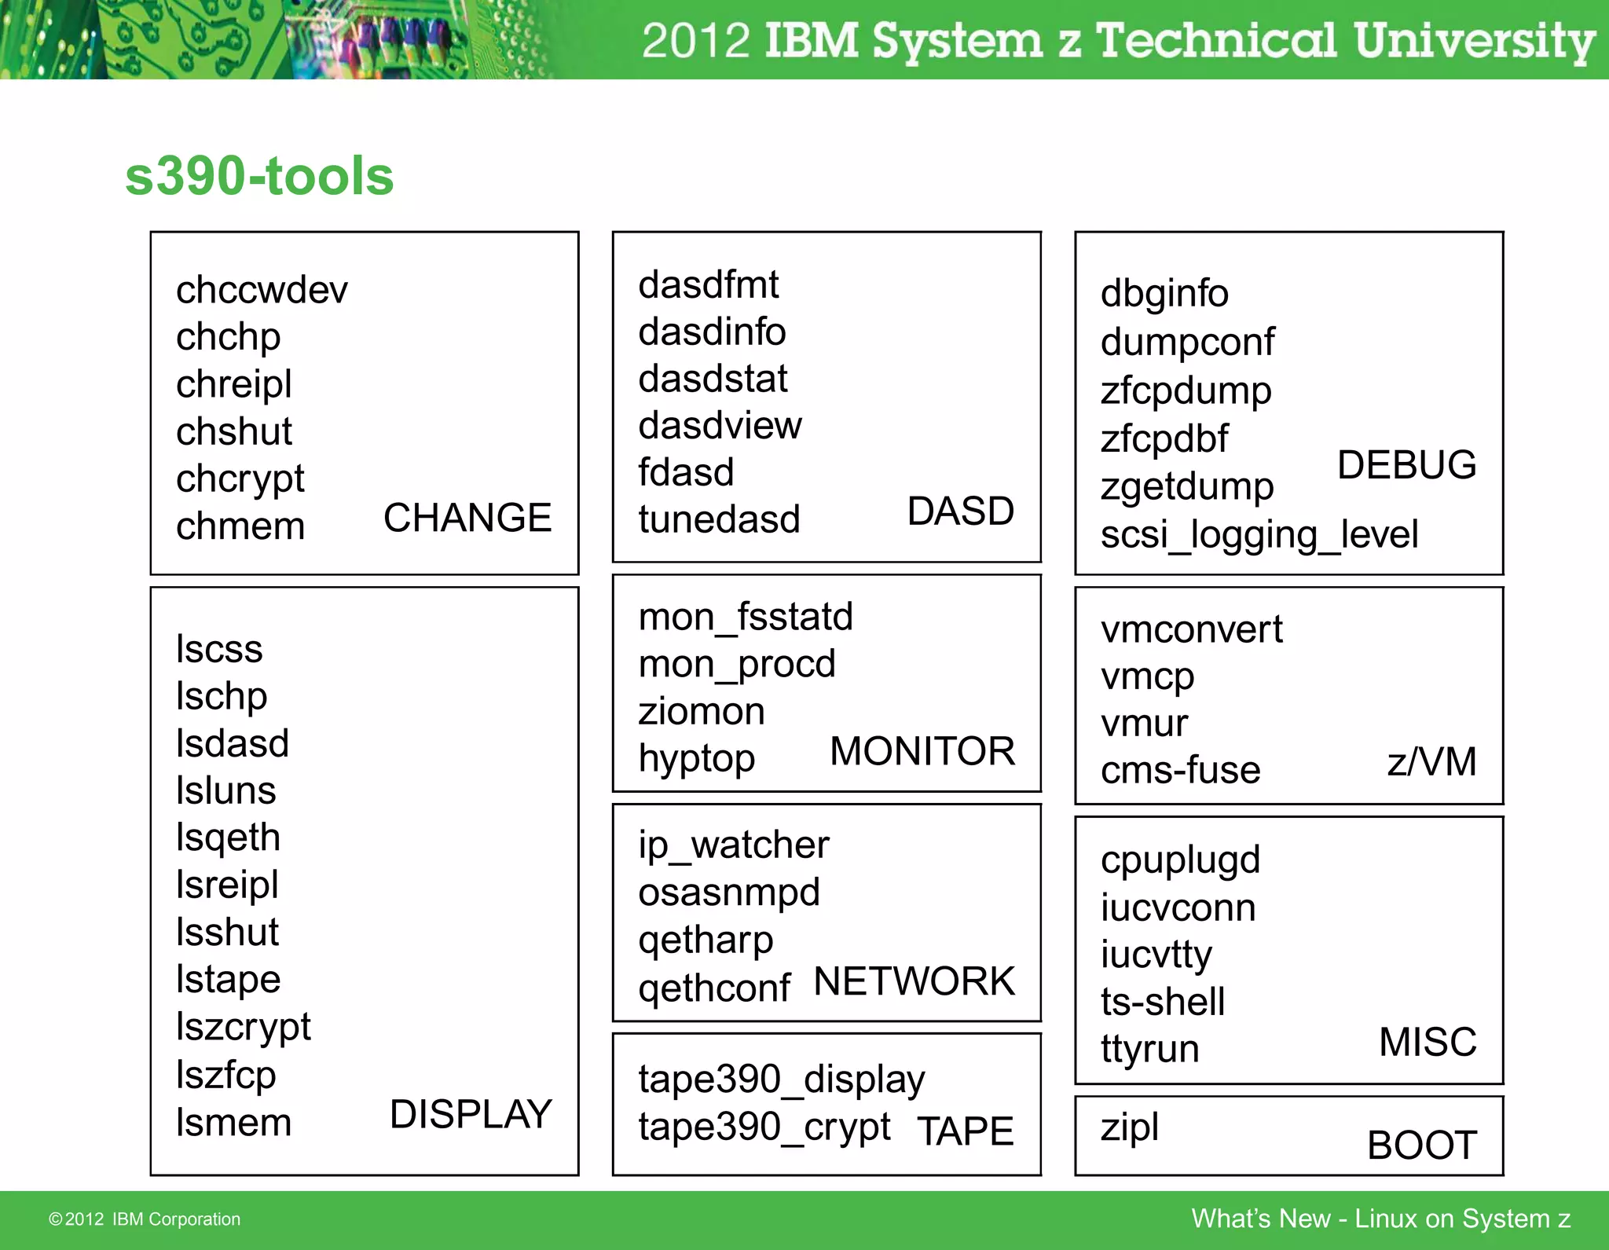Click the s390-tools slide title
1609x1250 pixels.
[x=259, y=176]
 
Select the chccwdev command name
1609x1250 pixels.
[x=262, y=290]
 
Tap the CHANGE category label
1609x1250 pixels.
[x=467, y=518]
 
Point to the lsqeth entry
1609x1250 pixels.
[x=228, y=838]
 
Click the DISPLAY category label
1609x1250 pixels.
[x=471, y=1114]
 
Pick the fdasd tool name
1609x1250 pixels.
[x=686, y=473]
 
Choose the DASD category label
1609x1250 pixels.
[x=960, y=511]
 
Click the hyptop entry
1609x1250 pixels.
[x=697, y=759]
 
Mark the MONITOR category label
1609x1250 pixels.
[x=922, y=751]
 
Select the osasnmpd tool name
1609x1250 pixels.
[x=729, y=893]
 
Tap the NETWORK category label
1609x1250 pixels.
[x=914, y=981]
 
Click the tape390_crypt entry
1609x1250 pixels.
[x=764, y=1127]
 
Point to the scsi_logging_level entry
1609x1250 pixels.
[x=1259, y=535]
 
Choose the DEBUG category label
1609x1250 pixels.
[x=1406, y=464]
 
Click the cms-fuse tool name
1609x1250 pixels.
[x=1180, y=770]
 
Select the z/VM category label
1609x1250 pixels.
[x=1431, y=761]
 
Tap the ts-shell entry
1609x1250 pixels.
[x=1163, y=1002]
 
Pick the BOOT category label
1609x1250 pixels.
[x=1422, y=1145]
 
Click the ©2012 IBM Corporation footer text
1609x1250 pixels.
[x=145, y=1219]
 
